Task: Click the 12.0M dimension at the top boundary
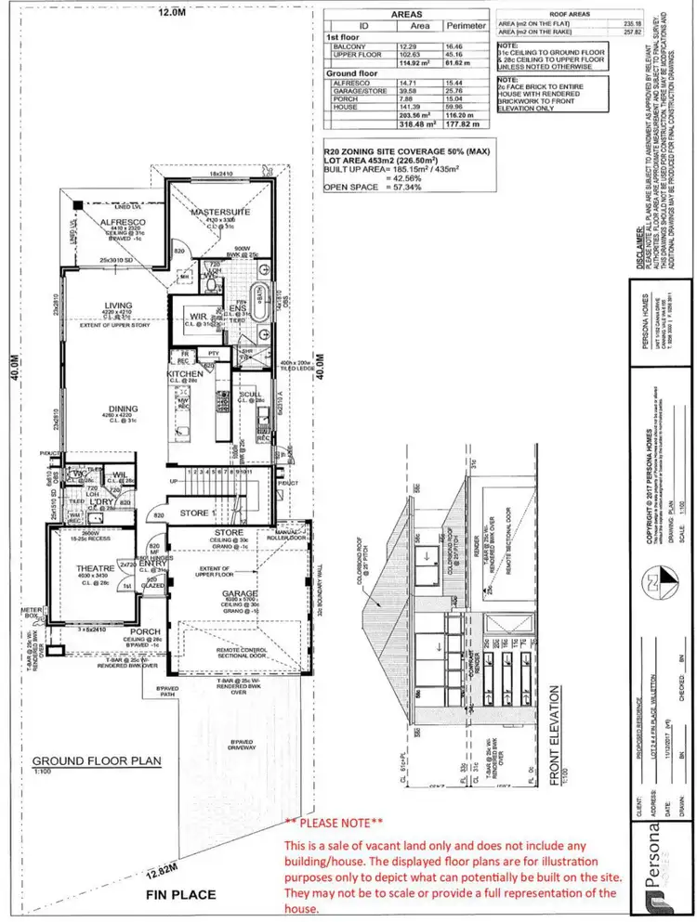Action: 171,13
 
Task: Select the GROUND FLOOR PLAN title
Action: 98,760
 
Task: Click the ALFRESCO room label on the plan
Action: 122,222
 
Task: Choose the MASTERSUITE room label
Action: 220,213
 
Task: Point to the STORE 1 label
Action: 196,512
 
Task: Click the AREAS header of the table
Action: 406,15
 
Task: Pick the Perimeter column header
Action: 467,26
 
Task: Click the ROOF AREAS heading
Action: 572,14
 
